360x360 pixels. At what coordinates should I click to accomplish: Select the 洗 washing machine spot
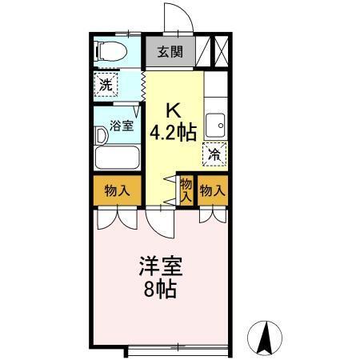click(x=106, y=82)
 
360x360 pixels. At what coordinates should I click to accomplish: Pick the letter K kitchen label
click(x=173, y=111)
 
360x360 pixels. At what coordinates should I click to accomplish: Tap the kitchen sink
click(x=214, y=126)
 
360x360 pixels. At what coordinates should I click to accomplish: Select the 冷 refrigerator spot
click(x=214, y=154)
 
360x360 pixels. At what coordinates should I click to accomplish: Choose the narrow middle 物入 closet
click(x=186, y=190)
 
